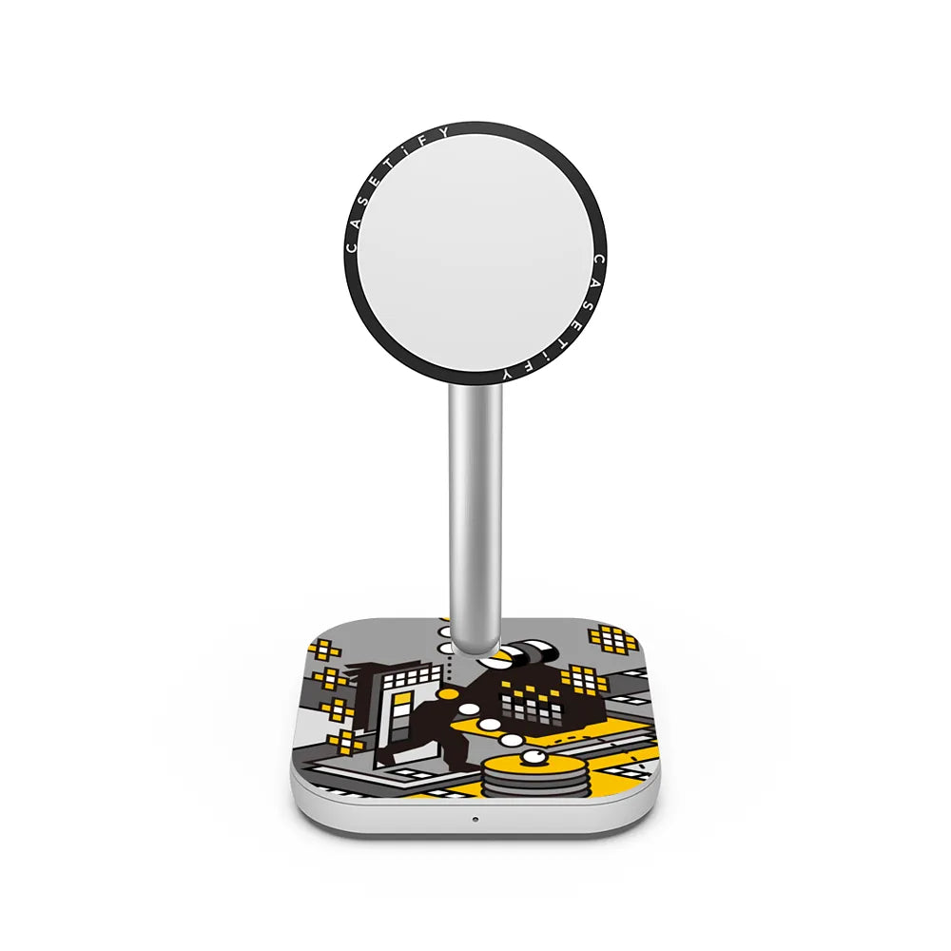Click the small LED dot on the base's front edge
475,819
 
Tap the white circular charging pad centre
475,254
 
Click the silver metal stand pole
475,520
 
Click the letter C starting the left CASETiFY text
351,247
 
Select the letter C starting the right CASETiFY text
598,261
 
